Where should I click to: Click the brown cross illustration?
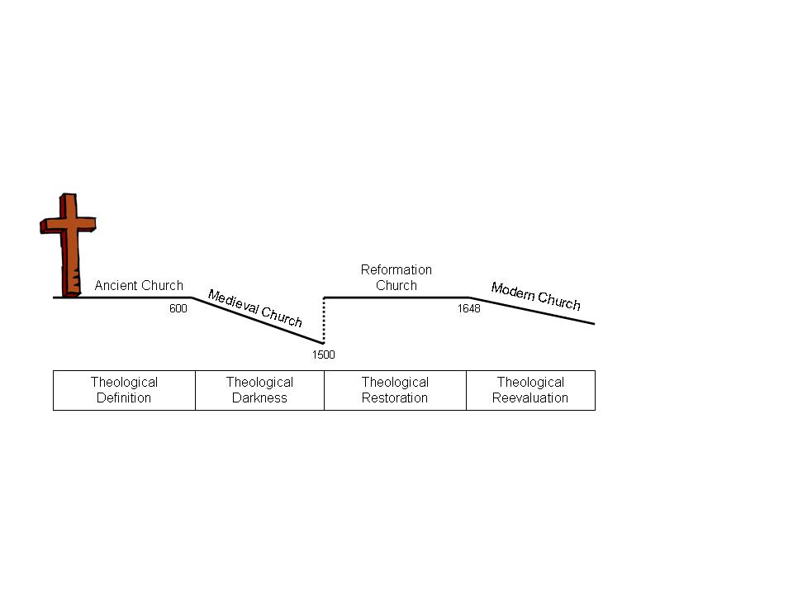69,245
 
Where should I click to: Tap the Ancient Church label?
139,285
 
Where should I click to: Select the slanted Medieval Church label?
255,308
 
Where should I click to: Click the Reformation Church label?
396,278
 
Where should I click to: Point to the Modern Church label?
535,296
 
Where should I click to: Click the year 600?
178,308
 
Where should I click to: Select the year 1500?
323,355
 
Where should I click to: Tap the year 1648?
469,308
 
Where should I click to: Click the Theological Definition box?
124,390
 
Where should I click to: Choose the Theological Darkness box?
259,390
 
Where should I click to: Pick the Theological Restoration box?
395,390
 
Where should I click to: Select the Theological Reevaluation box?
530,390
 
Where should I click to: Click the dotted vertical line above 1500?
324,321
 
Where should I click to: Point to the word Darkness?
259,398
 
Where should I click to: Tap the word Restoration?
395,398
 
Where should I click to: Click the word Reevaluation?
530,398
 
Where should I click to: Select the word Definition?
124,398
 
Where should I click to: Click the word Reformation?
396,269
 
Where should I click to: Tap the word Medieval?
233,302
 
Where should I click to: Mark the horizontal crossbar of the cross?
69,225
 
